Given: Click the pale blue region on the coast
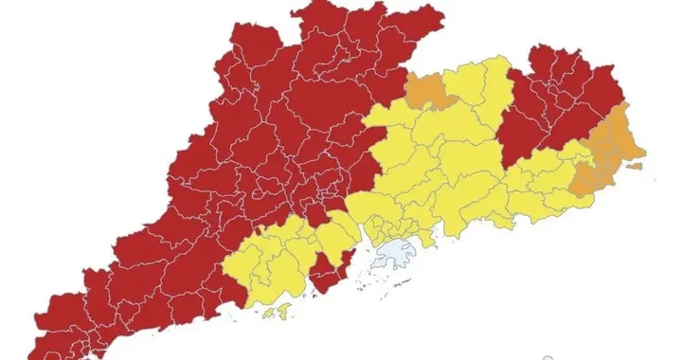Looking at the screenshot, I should tap(396, 254).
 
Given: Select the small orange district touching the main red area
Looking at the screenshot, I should tap(428, 91).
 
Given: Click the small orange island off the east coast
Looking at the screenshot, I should tap(635, 167).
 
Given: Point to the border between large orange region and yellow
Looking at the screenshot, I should tap(578, 175).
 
